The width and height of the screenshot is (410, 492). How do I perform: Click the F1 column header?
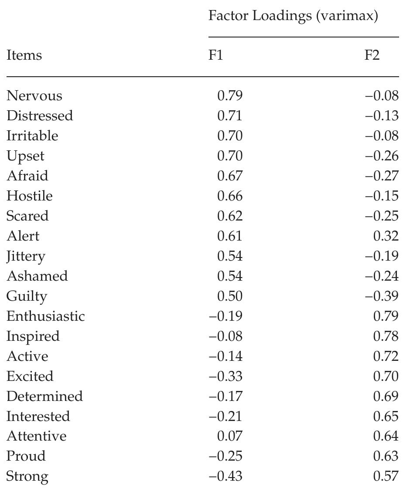coord(215,55)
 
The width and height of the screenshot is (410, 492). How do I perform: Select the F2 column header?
coord(372,55)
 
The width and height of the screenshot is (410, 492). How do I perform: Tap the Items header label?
coord(24,55)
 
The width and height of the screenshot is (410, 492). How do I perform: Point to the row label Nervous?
coord(34,96)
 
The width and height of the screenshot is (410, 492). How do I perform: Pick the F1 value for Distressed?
coord(229,116)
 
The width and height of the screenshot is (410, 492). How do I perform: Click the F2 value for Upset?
coord(382,156)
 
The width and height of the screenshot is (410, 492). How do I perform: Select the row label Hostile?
coord(29,196)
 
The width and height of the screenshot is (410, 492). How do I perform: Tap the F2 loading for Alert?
coord(386,236)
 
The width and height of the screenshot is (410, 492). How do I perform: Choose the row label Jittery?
coord(26,256)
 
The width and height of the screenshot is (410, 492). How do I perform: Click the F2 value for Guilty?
coord(382,296)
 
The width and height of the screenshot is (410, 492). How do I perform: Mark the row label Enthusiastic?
coord(45,316)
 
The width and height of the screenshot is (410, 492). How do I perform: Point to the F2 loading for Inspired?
coord(386,336)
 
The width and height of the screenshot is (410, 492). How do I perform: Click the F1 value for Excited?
coord(225,377)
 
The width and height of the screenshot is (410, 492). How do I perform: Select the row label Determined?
coord(44,397)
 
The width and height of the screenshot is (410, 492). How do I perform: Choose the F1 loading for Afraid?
coord(229,176)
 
